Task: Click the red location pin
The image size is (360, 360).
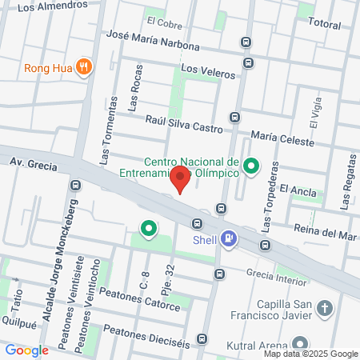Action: click(182, 179)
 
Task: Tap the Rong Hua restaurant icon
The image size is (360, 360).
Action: click(82, 67)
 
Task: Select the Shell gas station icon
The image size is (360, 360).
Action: click(230, 238)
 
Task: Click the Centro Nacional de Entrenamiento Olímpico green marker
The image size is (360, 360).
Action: click(252, 166)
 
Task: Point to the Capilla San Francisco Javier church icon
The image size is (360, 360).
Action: click(325, 308)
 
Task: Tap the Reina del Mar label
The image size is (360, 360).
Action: click(324, 235)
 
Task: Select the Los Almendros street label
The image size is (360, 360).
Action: click(52, 6)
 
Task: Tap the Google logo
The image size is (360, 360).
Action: click(26, 350)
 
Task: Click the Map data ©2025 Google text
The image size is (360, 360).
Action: click(311, 354)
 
